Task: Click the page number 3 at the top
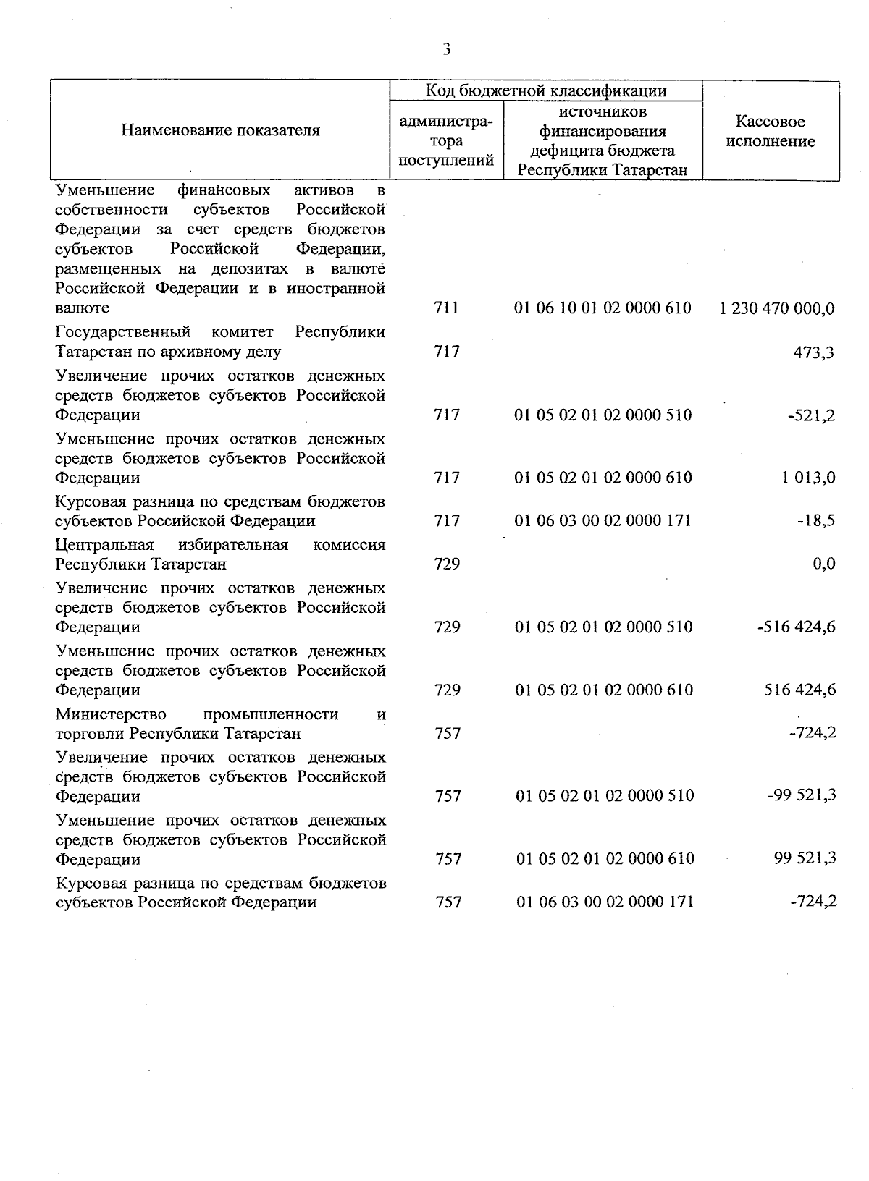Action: [x=446, y=49]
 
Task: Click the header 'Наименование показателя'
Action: [x=220, y=131]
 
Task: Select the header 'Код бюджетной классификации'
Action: [x=545, y=90]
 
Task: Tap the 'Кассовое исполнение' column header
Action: [x=771, y=132]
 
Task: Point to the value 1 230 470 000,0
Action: [x=777, y=309]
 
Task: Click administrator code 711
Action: [x=447, y=308]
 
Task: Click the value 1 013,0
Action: [x=808, y=478]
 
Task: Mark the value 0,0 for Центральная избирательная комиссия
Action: [x=823, y=564]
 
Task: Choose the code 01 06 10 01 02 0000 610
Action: [x=603, y=308]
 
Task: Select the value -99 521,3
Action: [x=802, y=795]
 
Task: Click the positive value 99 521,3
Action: [x=805, y=858]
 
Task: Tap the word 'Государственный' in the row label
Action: [x=123, y=332]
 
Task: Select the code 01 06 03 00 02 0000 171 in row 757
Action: [x=605, y=902]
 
